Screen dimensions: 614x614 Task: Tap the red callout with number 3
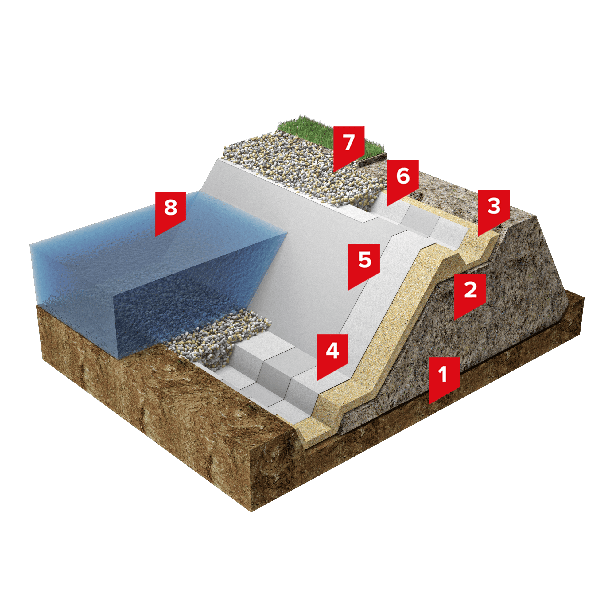pos(494,209)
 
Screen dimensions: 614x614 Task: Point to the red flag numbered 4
pos(332,354)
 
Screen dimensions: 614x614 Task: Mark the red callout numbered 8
pos(170,211)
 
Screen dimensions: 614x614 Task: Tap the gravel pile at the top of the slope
pos(302,172)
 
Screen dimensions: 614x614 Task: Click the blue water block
pos(153,277)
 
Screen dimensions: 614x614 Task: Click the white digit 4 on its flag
pos(332,351)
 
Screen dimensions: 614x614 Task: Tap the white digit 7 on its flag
pos(349,142)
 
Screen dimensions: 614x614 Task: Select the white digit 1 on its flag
pos(443,373)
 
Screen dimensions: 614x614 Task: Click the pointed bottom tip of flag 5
pos(349,290)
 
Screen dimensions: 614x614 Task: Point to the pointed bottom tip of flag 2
pos(454,320)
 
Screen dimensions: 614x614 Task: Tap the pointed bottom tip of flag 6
pos(387,206)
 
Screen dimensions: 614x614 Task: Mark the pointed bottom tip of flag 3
pos(478,236)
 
